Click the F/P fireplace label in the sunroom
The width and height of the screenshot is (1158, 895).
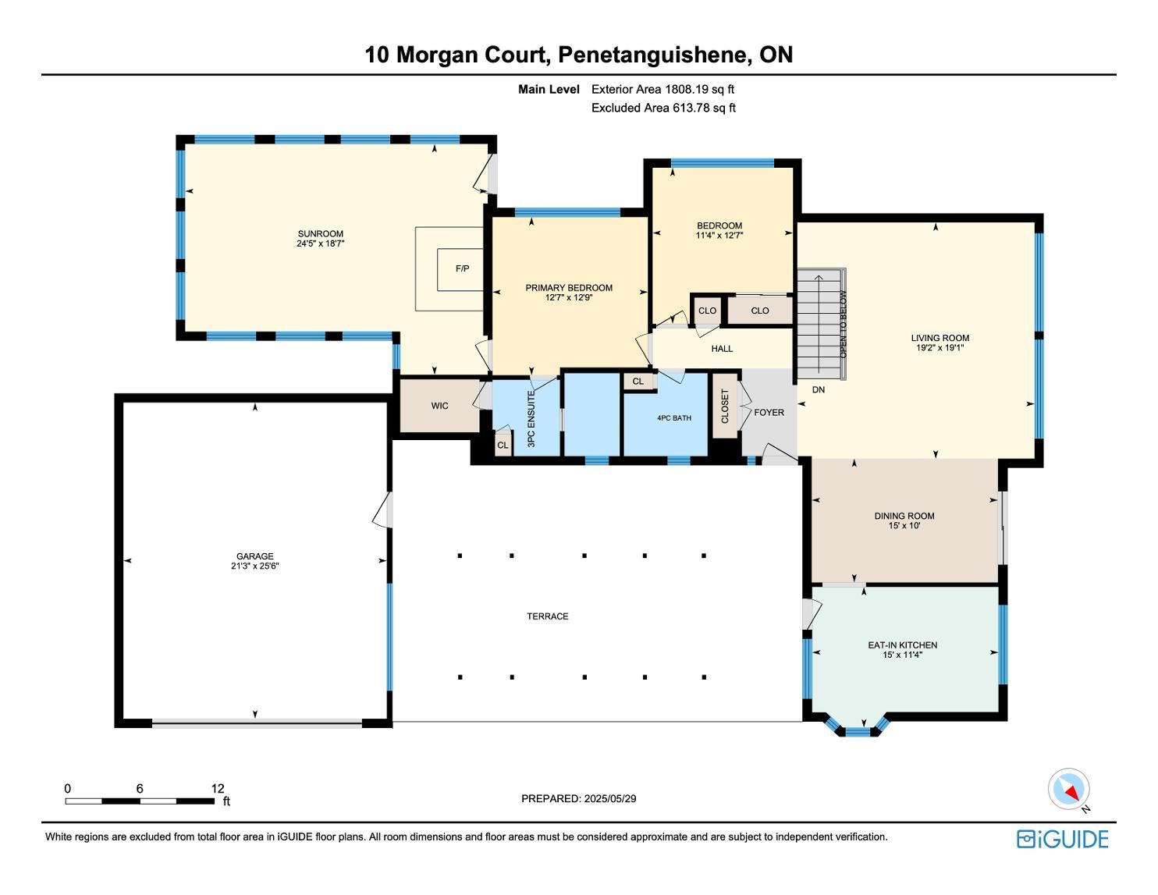click(x=462, y=268)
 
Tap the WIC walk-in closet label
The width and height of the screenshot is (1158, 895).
click(x=439, y=406)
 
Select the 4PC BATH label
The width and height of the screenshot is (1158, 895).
click(x=674, y=418)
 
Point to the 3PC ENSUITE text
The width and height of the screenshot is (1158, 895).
click(x=531, y=419)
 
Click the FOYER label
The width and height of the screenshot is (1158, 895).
click(x=769, y=412)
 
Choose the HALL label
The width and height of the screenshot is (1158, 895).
click(x=722, y=349)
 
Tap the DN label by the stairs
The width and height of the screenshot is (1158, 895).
click(x=818, y=390)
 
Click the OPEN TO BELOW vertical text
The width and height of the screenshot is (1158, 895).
click(x=843, y=325)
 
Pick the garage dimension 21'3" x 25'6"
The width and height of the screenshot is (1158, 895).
click(x=254, y=566)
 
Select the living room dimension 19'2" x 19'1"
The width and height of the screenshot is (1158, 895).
click(x=940, y=347)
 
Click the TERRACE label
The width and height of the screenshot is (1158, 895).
click(x=547, y=616)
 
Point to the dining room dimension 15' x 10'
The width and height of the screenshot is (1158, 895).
click(x=904, y=525)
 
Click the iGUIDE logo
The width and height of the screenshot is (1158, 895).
click(x=1062, y=839)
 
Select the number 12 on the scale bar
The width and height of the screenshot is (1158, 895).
click(x=218, y=788)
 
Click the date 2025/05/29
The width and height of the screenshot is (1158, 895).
click(x=609, y=798)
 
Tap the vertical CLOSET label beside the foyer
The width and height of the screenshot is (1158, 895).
click(x=724, y=406)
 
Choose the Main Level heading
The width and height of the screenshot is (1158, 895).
click(x=549, y=90)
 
